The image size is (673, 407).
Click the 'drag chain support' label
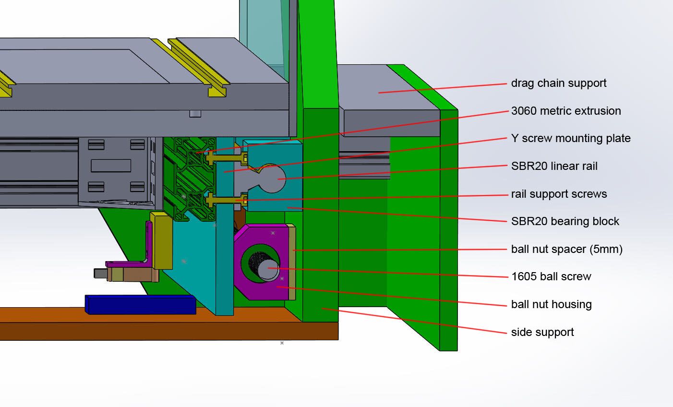click(558, 83)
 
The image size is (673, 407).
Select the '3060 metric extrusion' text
click(566, 111)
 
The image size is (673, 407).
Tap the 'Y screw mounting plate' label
click(570, 138)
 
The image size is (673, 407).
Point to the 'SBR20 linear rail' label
click(554, 166)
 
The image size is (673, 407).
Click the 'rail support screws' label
click(559, 194)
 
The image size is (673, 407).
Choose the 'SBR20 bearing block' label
click(565, 221)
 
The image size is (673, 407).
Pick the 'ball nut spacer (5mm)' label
click(566, 249)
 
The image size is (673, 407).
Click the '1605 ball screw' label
click(551, 276)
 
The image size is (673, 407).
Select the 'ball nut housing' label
click(551, 304)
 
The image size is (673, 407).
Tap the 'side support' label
click(542, 332)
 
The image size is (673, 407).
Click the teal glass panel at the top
click(264, 29)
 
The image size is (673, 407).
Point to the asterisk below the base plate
click(282, 343)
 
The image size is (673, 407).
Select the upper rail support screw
click(226, 157)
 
